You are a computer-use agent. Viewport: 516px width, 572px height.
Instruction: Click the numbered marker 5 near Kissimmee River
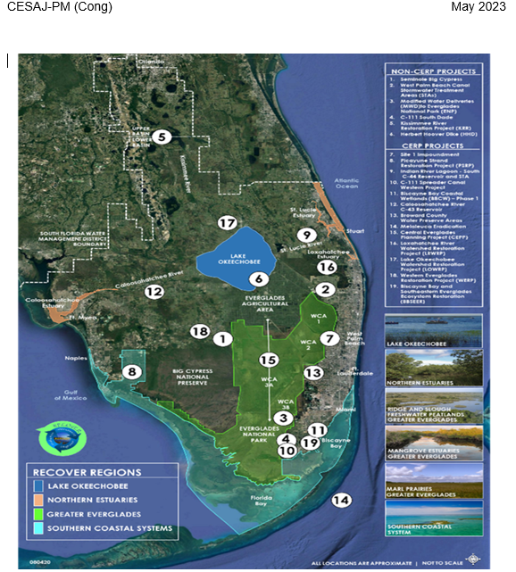click(x=161, y=137)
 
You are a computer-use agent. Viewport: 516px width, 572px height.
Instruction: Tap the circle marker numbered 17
click(x=229, y=222)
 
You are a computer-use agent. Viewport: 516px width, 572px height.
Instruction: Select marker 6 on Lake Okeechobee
click(x=256, y=278)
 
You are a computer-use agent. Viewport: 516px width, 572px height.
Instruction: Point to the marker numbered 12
click(x=154, y=292)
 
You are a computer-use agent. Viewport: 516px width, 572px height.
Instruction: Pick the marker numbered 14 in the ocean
click(x=340, y=500)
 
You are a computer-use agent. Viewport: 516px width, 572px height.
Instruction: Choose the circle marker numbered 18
click(x=200, y=331)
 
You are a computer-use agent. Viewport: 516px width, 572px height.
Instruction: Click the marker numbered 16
click(x=327, y=267)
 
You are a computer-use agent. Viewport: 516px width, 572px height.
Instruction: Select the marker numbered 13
click(x=312, y=372)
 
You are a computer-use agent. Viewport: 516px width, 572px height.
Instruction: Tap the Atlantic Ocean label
click(x=346, y=185)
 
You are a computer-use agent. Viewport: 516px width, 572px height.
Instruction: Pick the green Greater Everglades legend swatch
click(x=41, y=515)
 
